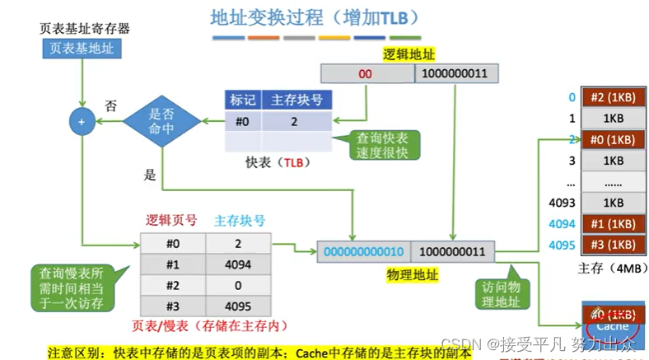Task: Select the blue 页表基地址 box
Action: coord(82,49)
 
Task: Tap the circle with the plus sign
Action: coord(81,122)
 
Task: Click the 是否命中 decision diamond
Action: coord(161,122)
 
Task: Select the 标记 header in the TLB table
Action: coord(243,101)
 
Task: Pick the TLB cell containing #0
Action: coord(243,121)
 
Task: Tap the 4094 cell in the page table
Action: coord(238,264)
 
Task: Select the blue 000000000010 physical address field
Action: coord(363,250)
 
